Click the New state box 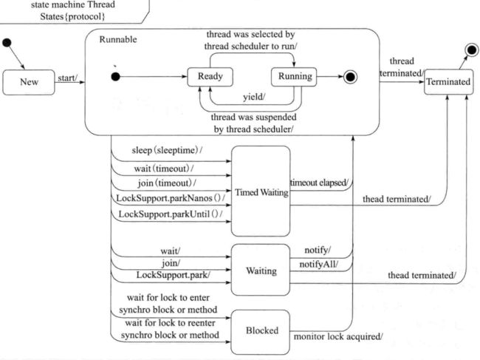click(x=29, y=82)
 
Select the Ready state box click(x=210, y=77)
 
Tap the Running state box click(x=294, y=77)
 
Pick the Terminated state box click(x=448, y=82)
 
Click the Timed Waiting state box click(x=261, y=191)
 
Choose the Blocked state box click(x=261, y=332)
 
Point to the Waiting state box click(x=261, y=270)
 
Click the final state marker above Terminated click(x=472, y=50)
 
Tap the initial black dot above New click(x=7, y=43)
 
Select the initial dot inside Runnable click(x=115, y=77)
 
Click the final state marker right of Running click(x=350, y=77)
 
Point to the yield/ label click(x=254, y=97)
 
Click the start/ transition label click(x=68, y=78)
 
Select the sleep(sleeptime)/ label click(x=167, y=151)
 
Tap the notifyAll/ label click(x=319, y=264)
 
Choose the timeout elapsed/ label click(x=319, y=183)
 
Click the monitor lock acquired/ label click(x=338, y=337)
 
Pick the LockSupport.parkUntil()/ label click(x=171, y=214)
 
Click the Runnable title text click(x=118, y=39)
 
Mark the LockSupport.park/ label click(x=174, y=275)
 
